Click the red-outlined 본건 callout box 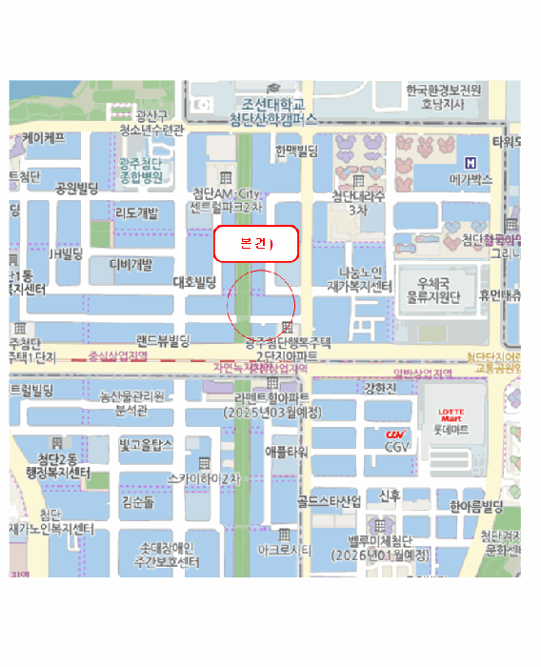click(x=255, y=245)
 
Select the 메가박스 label click(x=470, y=179)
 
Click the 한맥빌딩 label click(x=296, y=151)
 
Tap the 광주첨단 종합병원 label click(x=144, y=170)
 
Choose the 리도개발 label click(x=136, y=213)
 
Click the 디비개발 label click(x=130, y=264)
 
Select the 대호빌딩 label click(x=196, y=282)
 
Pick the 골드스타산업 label click(x=329, y=500)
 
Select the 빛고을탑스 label click(x=145, y=445)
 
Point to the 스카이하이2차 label click(x=204, y=478)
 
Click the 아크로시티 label click(x=284, y=551)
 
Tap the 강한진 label click(x=380, y=389)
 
